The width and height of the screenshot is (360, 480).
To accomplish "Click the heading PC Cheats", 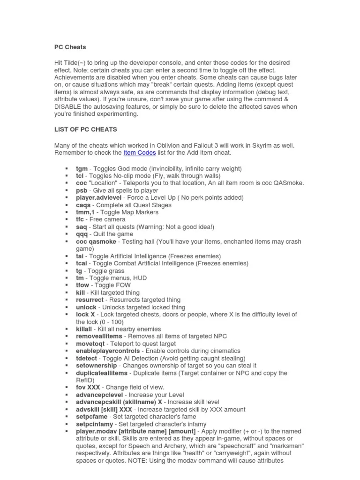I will tap(70, 47).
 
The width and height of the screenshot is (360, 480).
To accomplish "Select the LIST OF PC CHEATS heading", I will tap(86, 129).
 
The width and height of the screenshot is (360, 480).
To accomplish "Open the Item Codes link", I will tap(140, 153).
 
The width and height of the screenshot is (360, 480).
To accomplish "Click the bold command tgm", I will tap(82, 169).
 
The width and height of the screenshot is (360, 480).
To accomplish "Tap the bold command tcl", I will tap(80, 176).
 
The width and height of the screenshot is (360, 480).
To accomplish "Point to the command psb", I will tap(82, 191).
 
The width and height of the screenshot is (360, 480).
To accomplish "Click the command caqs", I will tap(83, 205).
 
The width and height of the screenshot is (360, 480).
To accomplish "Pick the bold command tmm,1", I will tap(86, 212).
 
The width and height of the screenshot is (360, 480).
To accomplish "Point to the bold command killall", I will tap(85, 329).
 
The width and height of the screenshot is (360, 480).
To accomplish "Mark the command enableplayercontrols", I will tap(108, 351).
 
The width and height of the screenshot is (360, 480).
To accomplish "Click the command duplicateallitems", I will tap(102, 373).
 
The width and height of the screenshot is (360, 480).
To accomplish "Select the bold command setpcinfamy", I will tap(95, 424).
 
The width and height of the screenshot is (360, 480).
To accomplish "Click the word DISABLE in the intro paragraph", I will tap(70, 107).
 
